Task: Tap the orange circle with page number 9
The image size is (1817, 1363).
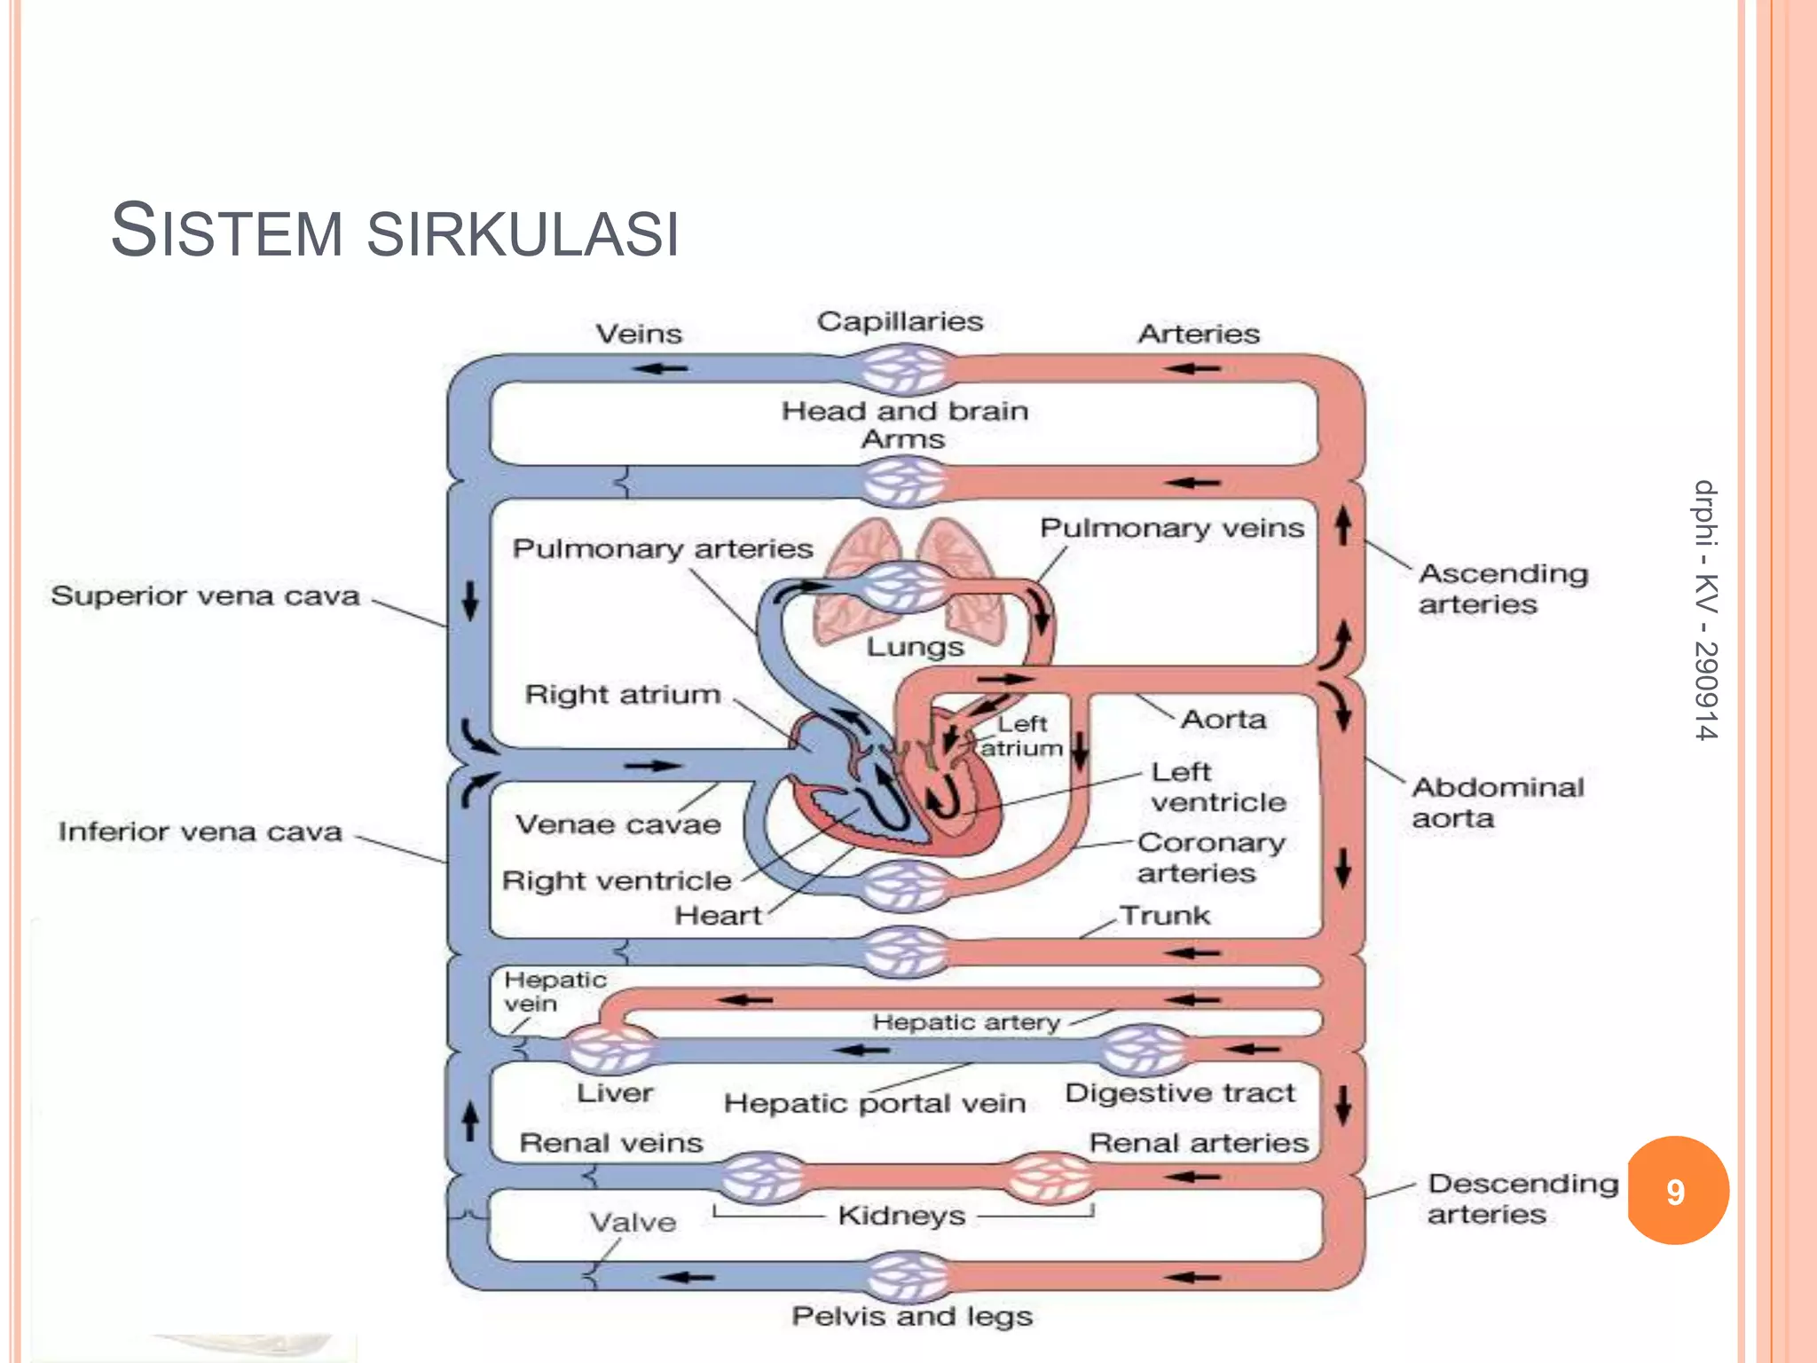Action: [x=1676, y=1191]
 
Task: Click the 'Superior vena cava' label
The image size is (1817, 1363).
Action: [x=205, y=595]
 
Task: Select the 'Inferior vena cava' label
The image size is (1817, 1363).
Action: [x=201, y=831]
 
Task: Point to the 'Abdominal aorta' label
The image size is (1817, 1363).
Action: [x=1497, y=802]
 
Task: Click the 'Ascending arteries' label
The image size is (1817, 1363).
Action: [x=1503, y=588]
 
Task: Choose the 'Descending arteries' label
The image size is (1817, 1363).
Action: [x=1522, y=1198]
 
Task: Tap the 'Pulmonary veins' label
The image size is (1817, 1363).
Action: [x=1171, y=528]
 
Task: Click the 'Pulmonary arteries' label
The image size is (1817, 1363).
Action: [x=663, y=548]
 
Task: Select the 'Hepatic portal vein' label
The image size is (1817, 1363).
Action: [x=874, y=1103]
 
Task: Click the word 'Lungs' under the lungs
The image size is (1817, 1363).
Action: [x=915, y=646]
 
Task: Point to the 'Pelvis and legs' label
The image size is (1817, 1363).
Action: [x=912, y=1316]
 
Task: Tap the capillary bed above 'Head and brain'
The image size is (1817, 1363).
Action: [x=905, y=369]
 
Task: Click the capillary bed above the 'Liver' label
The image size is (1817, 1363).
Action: [x=610, y=1049]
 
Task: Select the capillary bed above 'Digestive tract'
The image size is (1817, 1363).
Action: [x=1144, y=1050]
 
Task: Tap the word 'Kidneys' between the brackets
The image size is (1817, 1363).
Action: [x=901, y=1215]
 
